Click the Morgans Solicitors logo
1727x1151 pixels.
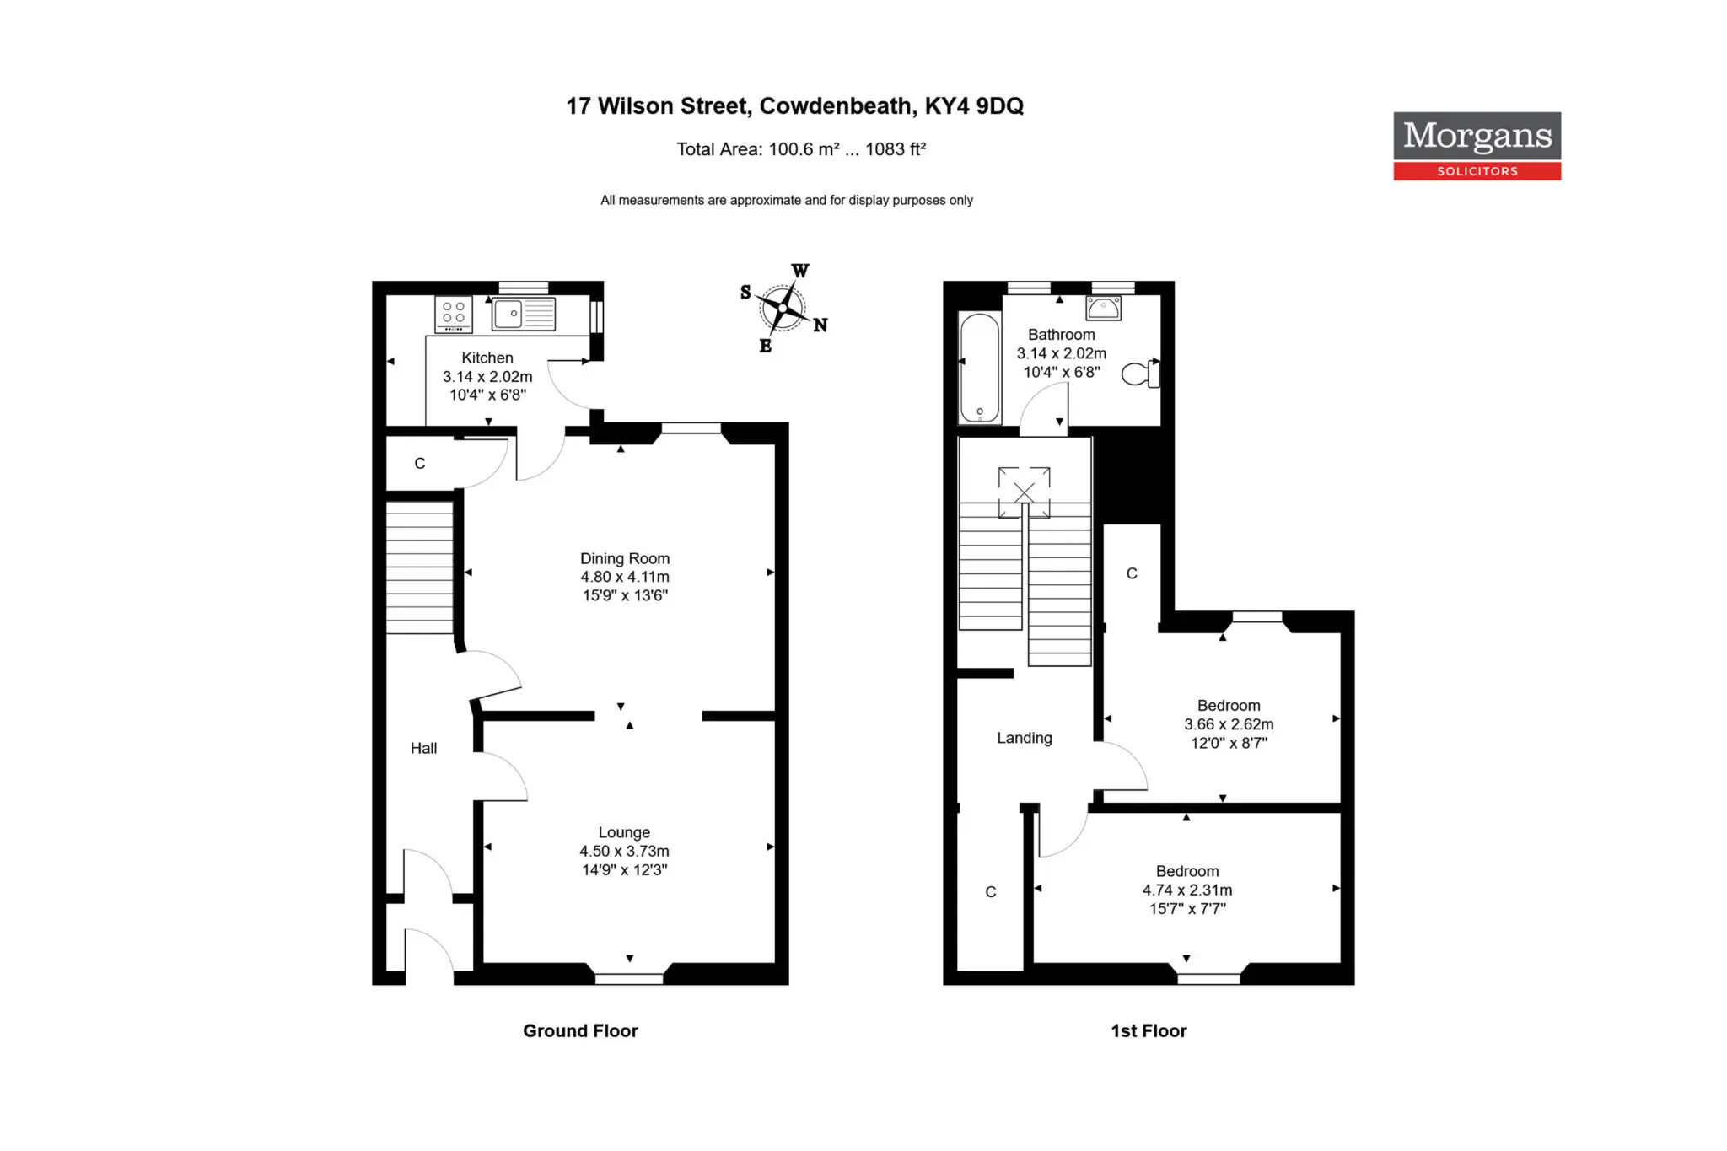1477,146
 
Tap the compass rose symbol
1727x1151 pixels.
783,309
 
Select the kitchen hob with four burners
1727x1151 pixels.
454,315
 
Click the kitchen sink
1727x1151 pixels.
524,314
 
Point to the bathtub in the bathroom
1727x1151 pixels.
980,368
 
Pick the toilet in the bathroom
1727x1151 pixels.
1141,373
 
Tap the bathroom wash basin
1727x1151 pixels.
1104,308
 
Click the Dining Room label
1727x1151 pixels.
625,558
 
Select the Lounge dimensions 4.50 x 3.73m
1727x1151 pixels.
624,851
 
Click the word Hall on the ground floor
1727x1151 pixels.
423,748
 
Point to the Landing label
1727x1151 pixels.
1025,738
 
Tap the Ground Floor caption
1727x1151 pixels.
580,1030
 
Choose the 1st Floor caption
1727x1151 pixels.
1149,1030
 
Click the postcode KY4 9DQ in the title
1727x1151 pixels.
974,106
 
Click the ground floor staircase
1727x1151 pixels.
420,567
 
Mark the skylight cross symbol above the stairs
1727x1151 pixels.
1024,492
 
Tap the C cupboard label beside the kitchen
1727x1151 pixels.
420,463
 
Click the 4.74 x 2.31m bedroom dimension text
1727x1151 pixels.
1187,890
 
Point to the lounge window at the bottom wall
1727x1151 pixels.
629,979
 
